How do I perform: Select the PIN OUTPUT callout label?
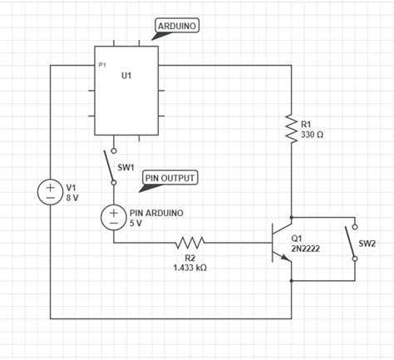[170, 178]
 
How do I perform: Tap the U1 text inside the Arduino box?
[126, 76]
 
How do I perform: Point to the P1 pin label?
[102, 65]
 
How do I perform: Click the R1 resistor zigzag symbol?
[292, 127]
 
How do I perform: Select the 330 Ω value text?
[313, 134]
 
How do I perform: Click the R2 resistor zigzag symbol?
[190, 243]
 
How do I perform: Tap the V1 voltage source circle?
[50, 193]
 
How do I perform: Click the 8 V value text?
[72, 200]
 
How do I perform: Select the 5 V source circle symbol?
[113, 217]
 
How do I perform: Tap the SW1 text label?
[126, 167]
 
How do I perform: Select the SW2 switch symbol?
[356, 242]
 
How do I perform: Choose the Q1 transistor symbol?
[280, 242]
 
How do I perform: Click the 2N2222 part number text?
[307, 248]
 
